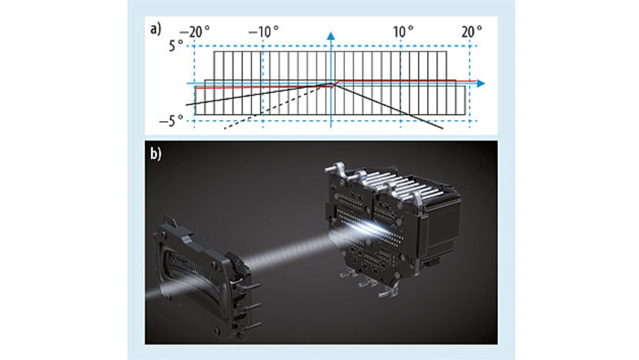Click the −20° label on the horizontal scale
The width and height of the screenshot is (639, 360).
coord(195,31)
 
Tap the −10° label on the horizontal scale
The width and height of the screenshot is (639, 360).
coord(264,31)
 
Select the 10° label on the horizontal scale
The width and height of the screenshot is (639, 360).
coord(403,31)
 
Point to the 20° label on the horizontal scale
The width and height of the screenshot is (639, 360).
coord(472,31)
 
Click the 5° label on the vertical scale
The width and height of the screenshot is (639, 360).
coord(176,45)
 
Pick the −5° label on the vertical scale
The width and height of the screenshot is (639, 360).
coord(171,121)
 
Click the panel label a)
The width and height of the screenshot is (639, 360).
coord(156,29)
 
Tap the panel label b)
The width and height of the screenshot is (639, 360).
coord(156,154)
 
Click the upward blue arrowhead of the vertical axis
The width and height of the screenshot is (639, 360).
coord(331,36)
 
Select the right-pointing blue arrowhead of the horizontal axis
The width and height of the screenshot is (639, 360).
coord(481,83)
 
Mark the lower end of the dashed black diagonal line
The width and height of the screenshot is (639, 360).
coord(225,129)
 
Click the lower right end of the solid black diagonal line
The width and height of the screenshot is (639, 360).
coord(443,129)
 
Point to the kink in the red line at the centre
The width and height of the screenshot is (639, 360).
coord(334,84)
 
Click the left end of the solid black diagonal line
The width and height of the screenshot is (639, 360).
coord(187,105)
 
